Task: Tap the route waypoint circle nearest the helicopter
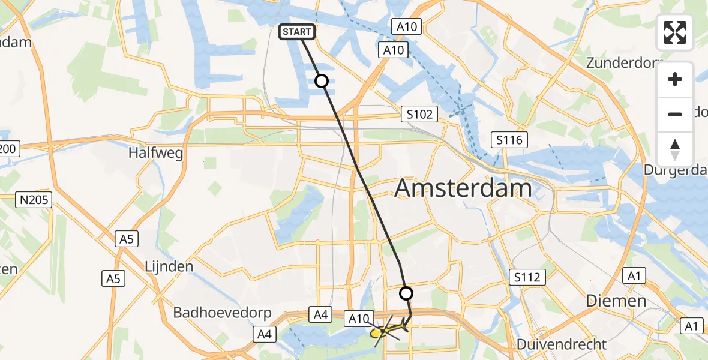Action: pos(406,293)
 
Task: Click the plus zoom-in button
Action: pos(675,79)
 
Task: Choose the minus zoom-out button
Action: pos(675,114)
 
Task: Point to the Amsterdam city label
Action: pos(463,188)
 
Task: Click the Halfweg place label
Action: pos(155,153)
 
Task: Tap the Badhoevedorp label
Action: pos(223,313)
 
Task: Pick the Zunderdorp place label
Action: pos(624,63)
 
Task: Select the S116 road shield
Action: pos(509,140)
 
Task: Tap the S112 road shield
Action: pos(527,277)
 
